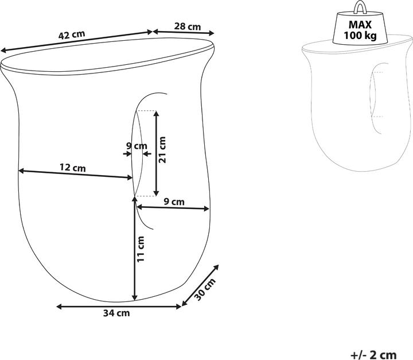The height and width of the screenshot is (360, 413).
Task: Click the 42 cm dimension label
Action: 72,34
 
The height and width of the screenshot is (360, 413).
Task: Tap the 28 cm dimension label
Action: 187,26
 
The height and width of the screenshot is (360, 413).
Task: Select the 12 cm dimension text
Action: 72,168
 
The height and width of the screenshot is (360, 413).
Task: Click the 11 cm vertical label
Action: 142,249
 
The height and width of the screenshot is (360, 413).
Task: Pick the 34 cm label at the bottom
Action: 116,313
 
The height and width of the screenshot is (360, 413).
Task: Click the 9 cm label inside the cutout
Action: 137,146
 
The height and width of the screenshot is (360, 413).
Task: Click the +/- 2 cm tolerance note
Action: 373,355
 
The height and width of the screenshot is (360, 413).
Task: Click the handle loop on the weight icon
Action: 360,7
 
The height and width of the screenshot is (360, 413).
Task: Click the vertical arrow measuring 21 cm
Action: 155,152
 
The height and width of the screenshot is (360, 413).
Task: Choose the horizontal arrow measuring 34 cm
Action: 119,307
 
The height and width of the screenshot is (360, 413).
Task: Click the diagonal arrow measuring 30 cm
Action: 200,285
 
